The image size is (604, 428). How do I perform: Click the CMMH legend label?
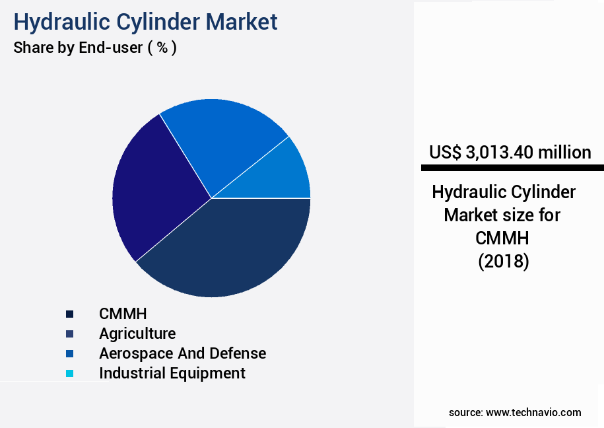pyautogui.click(x=123, y=313)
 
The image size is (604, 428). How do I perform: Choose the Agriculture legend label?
pyautogui.click(x=137, y=334)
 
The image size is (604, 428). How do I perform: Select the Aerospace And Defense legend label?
pyautogui.click(x=182, y=353)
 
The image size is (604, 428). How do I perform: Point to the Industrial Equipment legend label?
pyautogui.click(x=172, y=373)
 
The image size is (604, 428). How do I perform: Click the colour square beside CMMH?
pyautogui.click(x=69, y=314)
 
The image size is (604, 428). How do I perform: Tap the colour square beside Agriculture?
pyautogui.click(x=69, y=334)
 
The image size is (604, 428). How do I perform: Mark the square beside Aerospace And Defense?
pyautogui.click(x=69, y=353)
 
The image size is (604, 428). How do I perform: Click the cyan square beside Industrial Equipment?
pyautogui.click(x=69, y=373)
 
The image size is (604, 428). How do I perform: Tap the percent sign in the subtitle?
pyautogui.click(x=162, y=48)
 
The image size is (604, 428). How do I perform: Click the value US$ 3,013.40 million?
pyautogui.click(x=510, y=153)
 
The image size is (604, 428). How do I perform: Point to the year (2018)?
pyautogui.click(x=503, y=262)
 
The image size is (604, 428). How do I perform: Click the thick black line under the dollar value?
pyautogui.click(x=512, y=168)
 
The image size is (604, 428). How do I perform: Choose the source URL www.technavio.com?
pyautogui.click(x=533, y=413)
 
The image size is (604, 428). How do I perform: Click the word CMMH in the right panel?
pyautogui.click(x=503, y=238)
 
